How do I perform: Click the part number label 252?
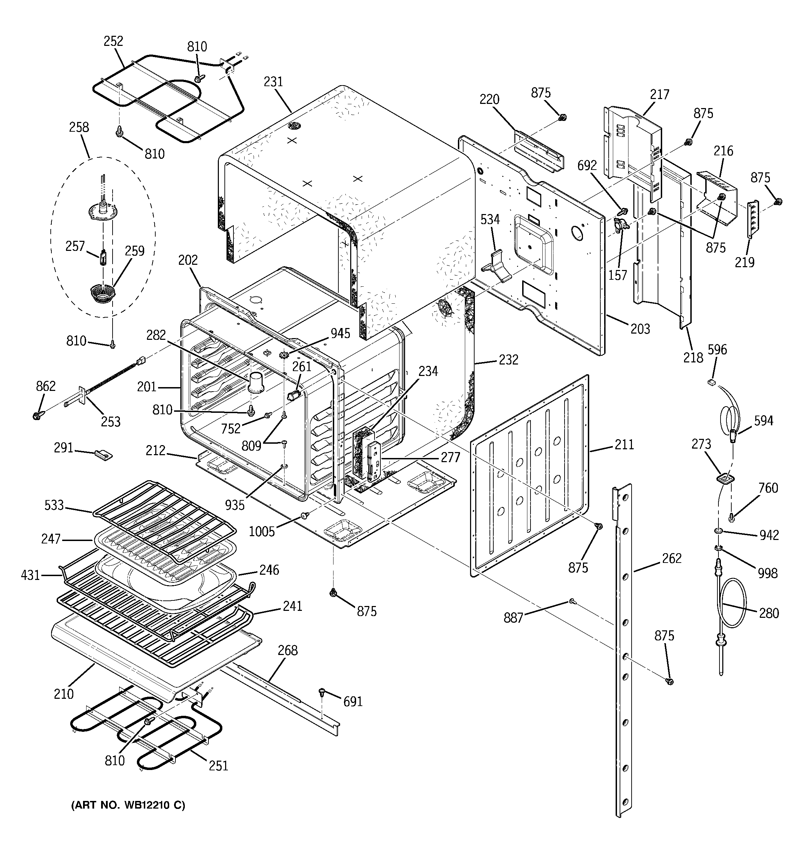(x=113, y=42)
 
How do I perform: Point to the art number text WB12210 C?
(x=128, y=805)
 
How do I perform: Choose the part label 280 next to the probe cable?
(x=769, y=613)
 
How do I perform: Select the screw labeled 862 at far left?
(x=36, y=416)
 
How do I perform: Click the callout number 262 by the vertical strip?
(x=672, y=558)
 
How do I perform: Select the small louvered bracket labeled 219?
(x=753, y=219)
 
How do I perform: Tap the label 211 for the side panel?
(x=624, y=444)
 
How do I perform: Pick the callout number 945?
(x=340, y=333)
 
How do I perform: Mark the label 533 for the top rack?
(x=54, y=505)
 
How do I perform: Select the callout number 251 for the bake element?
(x=219, y=766)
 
